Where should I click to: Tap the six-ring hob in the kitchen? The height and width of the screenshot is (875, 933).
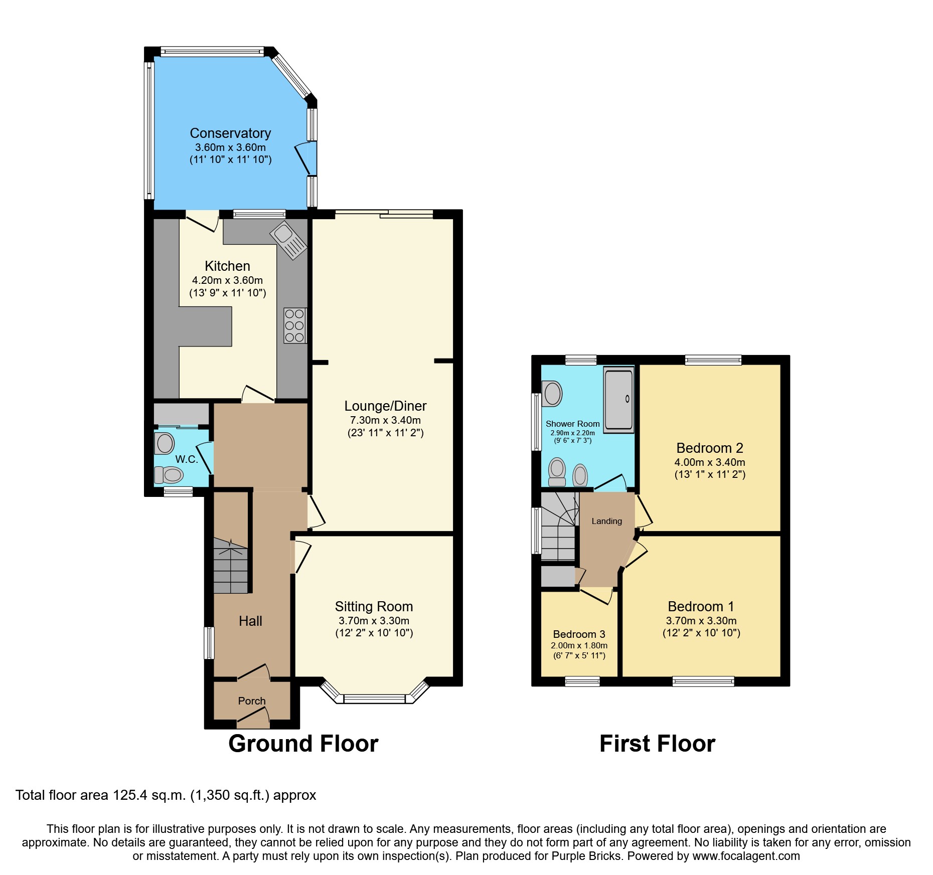294,325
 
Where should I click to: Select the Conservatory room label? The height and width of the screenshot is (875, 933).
230,133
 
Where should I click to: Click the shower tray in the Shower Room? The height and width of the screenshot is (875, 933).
618,399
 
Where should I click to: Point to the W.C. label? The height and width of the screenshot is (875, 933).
186,459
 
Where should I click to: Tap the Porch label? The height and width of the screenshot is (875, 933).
252,701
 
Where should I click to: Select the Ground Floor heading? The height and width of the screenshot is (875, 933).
303,744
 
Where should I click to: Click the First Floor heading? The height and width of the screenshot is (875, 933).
657,744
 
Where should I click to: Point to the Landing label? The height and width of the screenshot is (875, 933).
606,521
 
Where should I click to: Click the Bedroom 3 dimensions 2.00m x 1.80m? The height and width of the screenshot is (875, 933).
579,646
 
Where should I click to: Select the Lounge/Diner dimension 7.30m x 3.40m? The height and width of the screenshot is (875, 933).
385,420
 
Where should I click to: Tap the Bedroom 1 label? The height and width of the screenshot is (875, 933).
701,607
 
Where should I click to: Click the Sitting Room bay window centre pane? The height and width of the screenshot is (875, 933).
374,698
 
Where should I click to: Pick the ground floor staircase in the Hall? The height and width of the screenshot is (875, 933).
231,566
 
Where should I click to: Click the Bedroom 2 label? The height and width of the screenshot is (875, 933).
709,448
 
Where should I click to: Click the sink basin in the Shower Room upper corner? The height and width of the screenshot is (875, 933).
553,394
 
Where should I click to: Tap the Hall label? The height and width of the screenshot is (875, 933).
250,621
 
